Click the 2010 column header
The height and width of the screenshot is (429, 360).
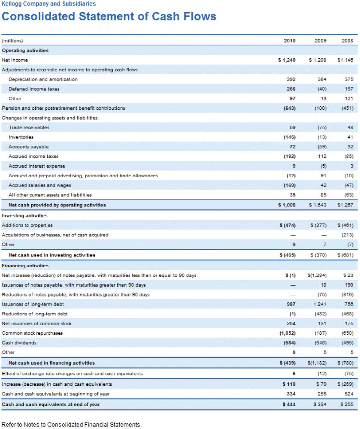click(290, 41)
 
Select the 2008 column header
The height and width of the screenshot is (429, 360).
click(348, 41)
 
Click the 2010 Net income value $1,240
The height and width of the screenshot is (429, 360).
click(287, 60)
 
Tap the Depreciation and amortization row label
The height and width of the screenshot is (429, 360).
click(43, 79)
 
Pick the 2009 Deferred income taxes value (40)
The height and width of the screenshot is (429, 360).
click(322, 89)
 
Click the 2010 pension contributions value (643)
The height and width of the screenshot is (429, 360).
click(290, 108)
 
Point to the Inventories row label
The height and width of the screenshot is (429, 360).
click(21, 137)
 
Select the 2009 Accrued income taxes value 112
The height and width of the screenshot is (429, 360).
click(322, 156)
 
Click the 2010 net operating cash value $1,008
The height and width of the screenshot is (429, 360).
click(287, 205)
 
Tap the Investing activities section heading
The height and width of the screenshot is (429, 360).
click(24, 216)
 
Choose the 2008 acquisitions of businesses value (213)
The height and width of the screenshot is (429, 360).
click(348, 235)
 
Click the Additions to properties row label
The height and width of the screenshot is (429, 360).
click(27, 225)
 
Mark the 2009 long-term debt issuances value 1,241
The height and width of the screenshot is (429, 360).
click(320, 304)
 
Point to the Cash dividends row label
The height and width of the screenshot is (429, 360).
click(19, 342)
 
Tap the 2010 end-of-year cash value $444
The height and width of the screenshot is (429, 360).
click(289, 405)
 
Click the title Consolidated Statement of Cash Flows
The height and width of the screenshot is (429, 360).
click(109, 16)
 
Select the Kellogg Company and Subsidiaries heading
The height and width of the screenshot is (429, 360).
click(48, 4)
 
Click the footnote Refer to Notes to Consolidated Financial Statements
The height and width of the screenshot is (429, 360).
click(72, 425)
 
